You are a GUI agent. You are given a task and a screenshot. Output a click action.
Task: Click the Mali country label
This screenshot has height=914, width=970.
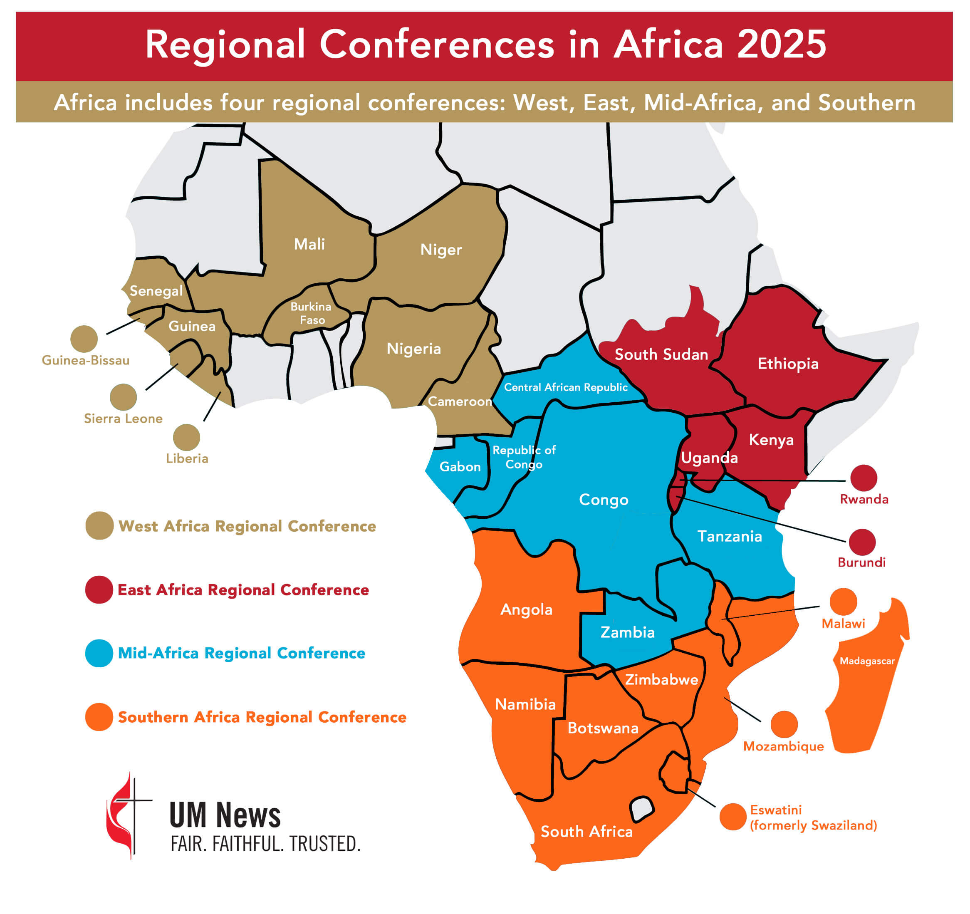(x=309, y=244)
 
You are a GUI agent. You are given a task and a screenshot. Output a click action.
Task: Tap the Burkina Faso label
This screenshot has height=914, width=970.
(x=311, y=313)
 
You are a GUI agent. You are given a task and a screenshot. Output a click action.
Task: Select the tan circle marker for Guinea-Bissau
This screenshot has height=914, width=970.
(x=84, y=339)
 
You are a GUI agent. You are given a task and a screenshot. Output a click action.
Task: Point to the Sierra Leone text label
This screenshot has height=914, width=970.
(x=123, y=418)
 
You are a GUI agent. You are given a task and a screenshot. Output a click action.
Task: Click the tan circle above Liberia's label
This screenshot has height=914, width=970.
(x=186, y=437)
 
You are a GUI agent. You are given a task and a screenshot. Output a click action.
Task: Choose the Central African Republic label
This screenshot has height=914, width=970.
(x=566, y=387)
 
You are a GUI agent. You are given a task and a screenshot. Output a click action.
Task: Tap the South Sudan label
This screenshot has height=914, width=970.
(x=661, y=354)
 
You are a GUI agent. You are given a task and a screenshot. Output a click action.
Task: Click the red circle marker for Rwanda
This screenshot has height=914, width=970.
(x=864, y=478)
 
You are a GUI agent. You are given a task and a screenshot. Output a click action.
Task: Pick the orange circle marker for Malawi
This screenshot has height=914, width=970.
(x=843, y=601)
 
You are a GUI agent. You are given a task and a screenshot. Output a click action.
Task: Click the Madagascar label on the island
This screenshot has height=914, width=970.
(x=867, y=661)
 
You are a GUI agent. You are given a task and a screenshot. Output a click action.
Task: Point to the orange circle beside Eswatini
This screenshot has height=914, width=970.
(x=732, y=816)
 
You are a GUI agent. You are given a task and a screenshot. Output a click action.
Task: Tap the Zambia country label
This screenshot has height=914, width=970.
(x=628, y=632)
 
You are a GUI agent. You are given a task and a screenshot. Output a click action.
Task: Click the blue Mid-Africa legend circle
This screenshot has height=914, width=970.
(x=99, y=653)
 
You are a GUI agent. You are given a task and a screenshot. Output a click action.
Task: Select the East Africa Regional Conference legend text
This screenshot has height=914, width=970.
(x=243, y=590)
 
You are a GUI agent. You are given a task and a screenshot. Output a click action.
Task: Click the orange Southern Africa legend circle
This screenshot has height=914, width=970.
(x=99, y=716)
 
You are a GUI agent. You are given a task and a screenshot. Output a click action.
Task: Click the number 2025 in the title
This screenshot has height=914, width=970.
(x=781, y=45)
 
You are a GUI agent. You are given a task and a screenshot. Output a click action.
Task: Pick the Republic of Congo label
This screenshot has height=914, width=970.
(x=524, y=457)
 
